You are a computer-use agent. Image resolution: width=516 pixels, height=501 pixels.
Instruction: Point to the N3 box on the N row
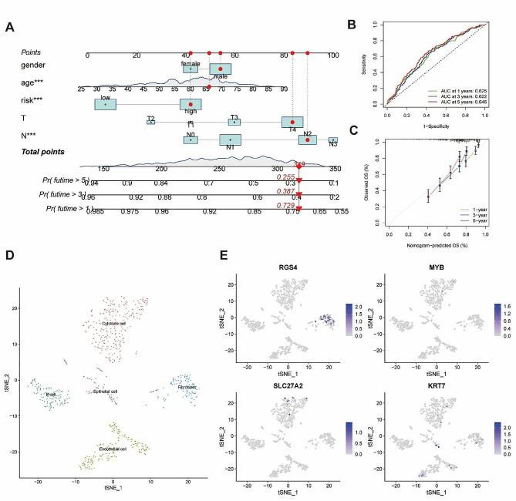333,140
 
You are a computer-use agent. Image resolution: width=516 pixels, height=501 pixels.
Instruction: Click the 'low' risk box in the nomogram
105,104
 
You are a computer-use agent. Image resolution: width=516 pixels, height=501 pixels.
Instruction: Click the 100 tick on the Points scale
333,55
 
